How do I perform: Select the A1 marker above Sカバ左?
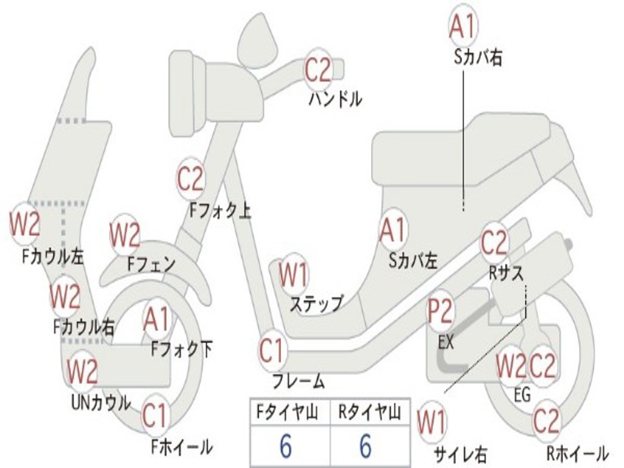click(393, 230)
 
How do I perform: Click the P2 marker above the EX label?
click(441, 310)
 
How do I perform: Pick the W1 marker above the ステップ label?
click(293, 275)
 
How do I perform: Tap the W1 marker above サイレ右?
click(432, 423)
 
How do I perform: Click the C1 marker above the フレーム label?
click(272, 350)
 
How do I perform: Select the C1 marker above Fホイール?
click(155, 416)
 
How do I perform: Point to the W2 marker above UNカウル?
click(82, 371)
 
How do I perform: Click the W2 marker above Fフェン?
click(124, 235)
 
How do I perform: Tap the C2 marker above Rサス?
click(494, 243)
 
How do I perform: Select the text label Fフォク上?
click(220, 210)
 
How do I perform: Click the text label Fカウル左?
click(52, 257)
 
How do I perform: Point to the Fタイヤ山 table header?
click(287, 412)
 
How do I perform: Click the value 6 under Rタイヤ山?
click(366, 446)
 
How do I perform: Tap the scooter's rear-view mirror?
click(258, 41)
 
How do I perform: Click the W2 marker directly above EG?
click(511, 366)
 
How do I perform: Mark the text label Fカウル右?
click(84, 327)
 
